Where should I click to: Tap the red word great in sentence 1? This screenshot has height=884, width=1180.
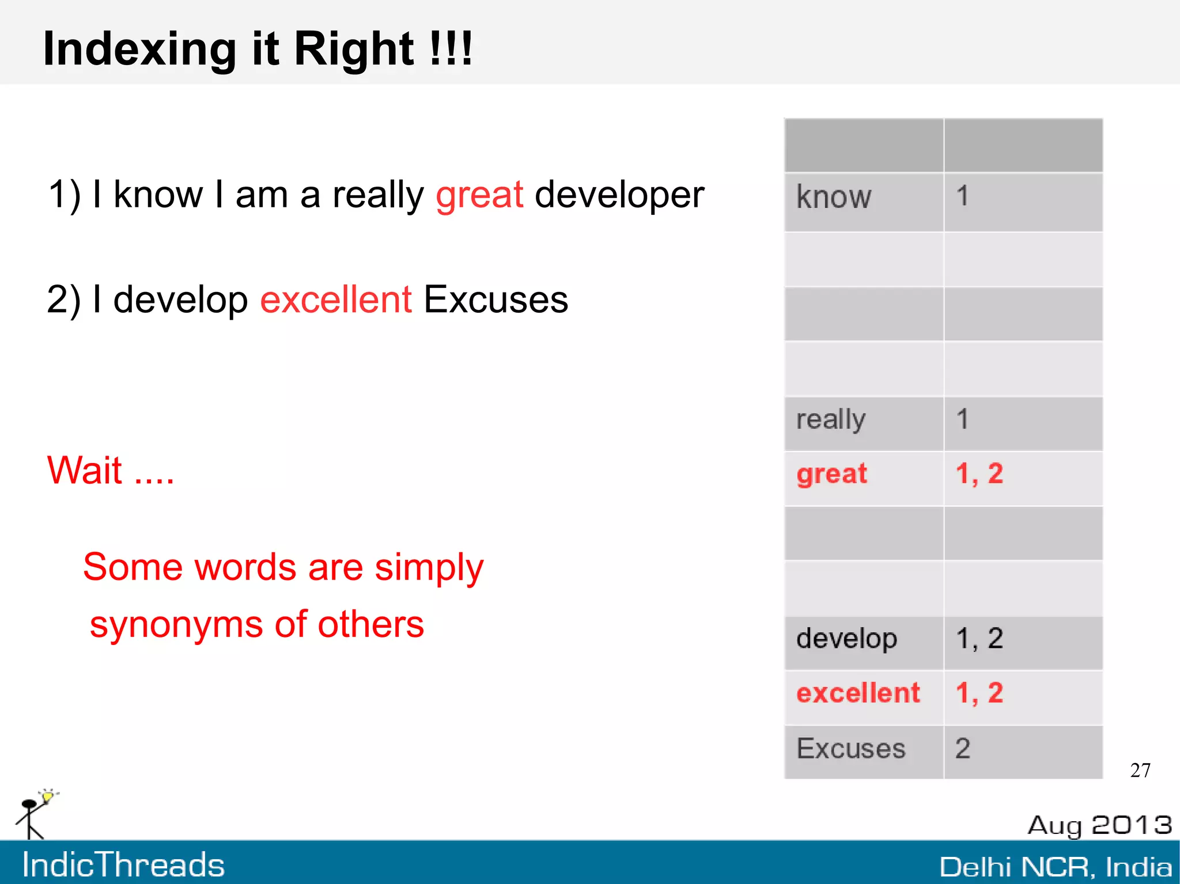click(x=479, y=195)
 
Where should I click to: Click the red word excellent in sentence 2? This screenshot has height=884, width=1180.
click(x=335, y=300)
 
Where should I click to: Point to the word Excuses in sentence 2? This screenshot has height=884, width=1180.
click(x=496, y=300)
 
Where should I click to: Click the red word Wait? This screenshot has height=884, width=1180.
click(x=85, y=471)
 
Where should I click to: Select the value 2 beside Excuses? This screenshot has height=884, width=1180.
click(x=963, y=749)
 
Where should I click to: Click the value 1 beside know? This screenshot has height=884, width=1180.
click(x=962, y=196)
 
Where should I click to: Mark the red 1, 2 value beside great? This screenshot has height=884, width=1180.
click(x=979, y=475)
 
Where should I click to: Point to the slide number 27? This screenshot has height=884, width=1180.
click(x=1140, y=771)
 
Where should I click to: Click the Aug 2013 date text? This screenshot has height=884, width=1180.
click(x=1099, y=825)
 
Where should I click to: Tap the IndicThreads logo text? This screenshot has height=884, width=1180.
click(x=123, y=865)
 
